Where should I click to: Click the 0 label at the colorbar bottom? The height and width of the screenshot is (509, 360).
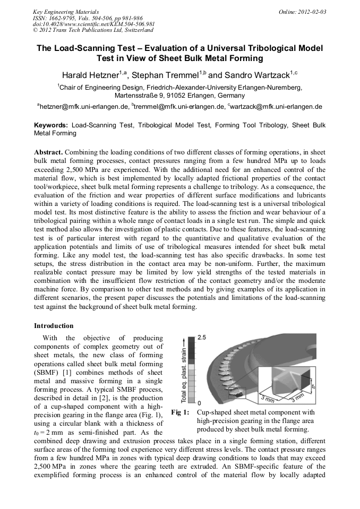click(199, 404)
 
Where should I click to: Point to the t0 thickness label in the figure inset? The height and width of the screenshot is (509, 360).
click(313, 380)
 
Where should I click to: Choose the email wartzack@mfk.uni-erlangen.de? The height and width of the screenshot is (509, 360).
click(276, 106)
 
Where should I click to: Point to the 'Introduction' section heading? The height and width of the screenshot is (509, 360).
click(54, 325)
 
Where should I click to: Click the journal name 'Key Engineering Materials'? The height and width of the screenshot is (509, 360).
click(65, 12)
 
